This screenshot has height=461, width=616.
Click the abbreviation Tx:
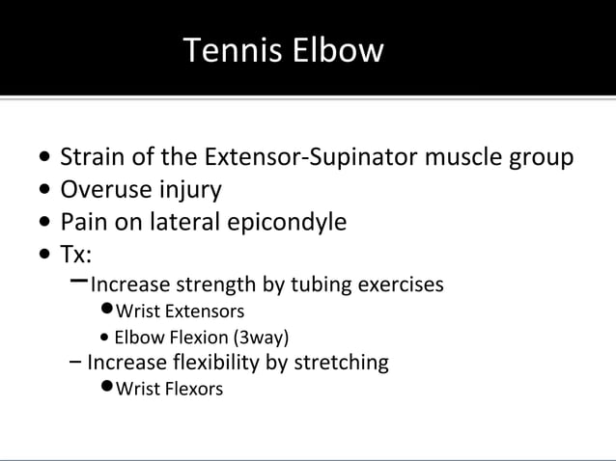76,255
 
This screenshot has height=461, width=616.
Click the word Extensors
204,312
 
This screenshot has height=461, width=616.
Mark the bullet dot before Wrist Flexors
106,389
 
